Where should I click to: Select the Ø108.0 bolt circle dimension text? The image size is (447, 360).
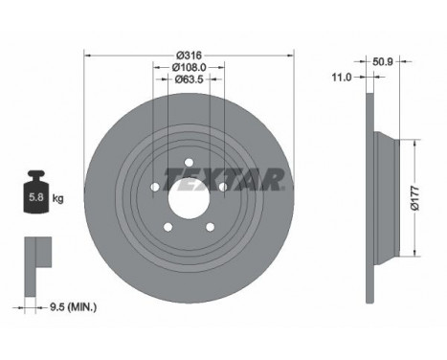click(189, 66)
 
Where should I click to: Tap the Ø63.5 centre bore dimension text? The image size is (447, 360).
click(189, 80)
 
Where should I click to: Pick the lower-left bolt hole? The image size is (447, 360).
click(167, 226)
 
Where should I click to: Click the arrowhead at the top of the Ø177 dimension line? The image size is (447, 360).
click(413, 139)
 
